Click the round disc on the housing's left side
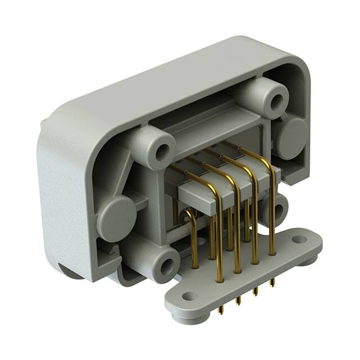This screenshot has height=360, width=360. [116, 216]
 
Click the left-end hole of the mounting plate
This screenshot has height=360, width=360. [190, 296]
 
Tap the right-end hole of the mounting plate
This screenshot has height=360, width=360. [299, 240]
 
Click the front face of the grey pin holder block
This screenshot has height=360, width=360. [202, 196]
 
